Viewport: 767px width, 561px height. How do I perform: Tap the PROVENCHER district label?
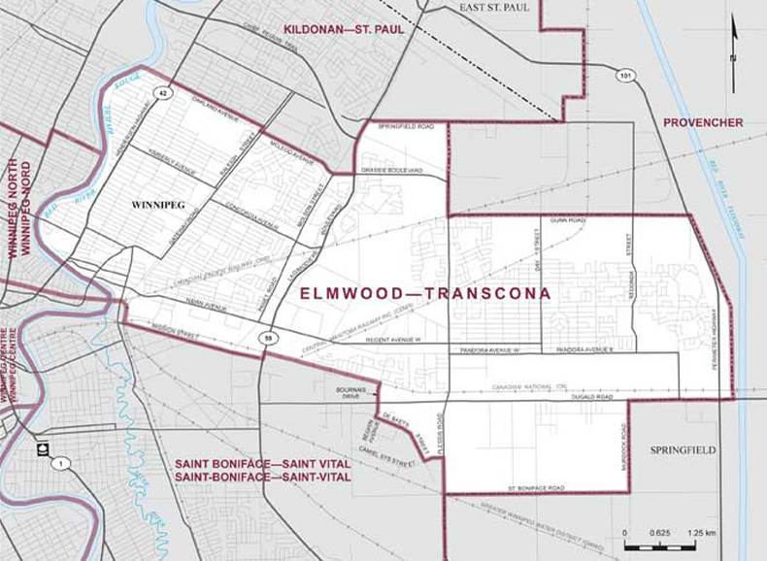coord(703,122)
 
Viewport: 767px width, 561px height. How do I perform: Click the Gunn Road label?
coord(567,221)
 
